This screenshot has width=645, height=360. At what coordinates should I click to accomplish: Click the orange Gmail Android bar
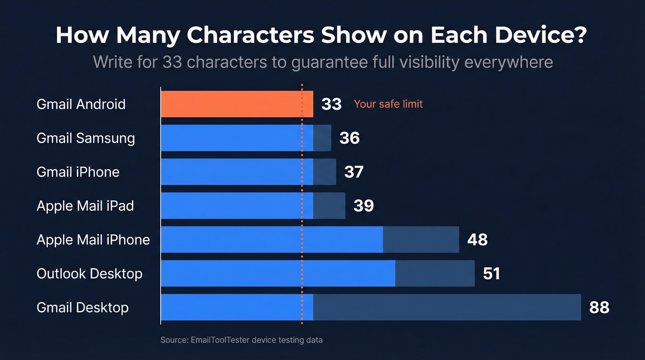(237, 104)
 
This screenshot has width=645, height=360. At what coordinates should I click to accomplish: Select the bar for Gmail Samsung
(246, 138)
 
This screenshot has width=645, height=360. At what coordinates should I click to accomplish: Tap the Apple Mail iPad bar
(252, 206)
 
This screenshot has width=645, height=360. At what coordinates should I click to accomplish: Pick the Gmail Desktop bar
(370, 307)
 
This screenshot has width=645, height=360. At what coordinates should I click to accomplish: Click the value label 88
(599, 307)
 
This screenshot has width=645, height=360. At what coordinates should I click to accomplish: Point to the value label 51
(491, 273)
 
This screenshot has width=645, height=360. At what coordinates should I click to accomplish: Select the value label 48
(477, 240)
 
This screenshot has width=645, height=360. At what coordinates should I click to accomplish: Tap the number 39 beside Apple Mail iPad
(364, 206)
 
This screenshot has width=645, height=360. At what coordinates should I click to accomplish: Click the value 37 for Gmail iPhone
(354, 172)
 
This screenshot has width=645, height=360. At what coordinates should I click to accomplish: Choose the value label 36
(349, 138)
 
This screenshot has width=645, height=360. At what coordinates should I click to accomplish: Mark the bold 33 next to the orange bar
(331, 104)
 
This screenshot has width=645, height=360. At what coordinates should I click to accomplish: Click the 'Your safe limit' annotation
(388, 104)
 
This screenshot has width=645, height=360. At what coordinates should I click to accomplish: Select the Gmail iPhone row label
(78, 172)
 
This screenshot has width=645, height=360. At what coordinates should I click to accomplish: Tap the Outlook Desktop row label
(89, 273)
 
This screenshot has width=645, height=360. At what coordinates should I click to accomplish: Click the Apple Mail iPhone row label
(93, 240)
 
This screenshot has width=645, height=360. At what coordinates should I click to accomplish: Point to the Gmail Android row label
(81, 104)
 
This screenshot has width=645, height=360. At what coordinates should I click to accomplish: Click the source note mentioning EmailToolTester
(241, 340)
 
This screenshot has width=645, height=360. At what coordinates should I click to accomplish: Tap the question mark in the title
(580, 35)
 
